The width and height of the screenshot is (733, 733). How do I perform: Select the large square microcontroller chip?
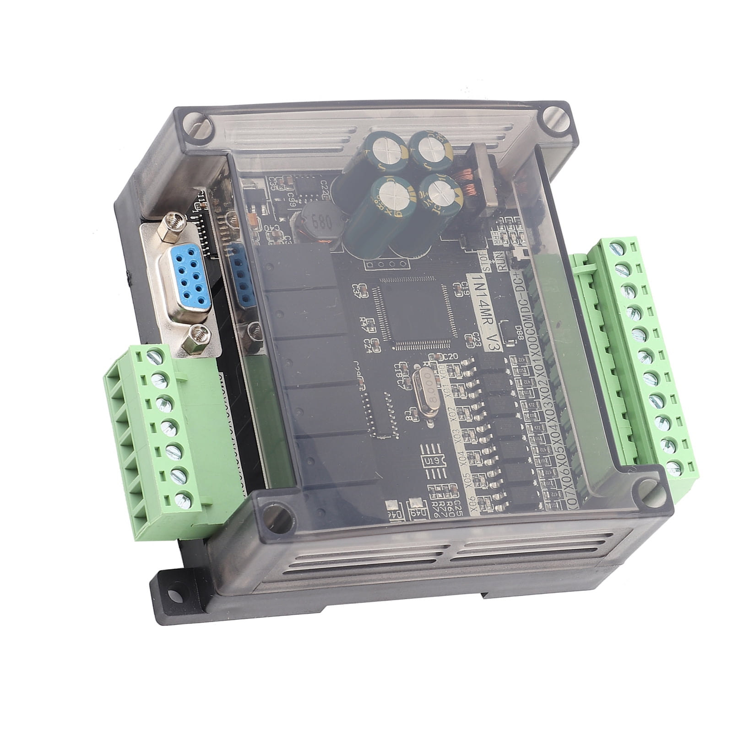416,314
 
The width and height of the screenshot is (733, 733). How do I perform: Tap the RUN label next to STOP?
503,266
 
